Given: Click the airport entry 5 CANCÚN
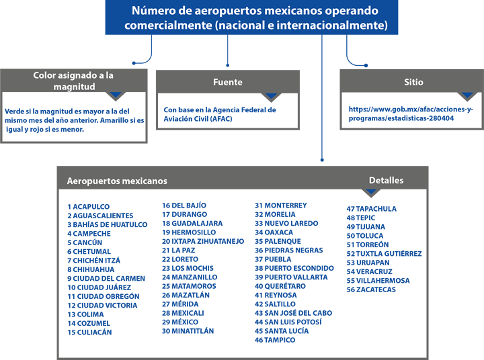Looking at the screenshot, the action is pyautogui.click(x=85, y=242).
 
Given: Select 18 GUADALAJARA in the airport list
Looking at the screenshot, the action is pyautogui.click(x=192, y=224).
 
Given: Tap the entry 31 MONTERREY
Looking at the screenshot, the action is pyautogui.click(x=281, y=206).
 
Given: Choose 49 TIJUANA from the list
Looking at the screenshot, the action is pyautogui.click(x=366, y=227).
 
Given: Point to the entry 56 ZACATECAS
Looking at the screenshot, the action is pyautogui.click(x=371, y=289).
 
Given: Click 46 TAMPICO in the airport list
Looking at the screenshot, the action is pyautogui.click(x=275, y=340).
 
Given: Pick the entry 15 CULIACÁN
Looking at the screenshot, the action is pyautogui.click(x=89, y=332).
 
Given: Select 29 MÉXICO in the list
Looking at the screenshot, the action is pyautogui.click(x=180, y=322).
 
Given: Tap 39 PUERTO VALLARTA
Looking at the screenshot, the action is pyautogui.click(x=291, y=277).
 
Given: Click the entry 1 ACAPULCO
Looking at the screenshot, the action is pyautogui.click(x=89, y=207).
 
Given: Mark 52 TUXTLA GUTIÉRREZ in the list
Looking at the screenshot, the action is pyautogui.click(x=384, y=254).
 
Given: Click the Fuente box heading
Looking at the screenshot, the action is pyautogui.click(x=228, y=82).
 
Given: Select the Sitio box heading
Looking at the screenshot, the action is pyautogui.click(x=413, y=82).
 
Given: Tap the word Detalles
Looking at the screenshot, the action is pyautogui.click(x=386, y=181).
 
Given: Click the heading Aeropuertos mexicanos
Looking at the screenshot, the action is pyautogui.click(x=117, y=181).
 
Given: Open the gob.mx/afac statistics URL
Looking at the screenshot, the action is pyautogui.click(x=411, y=114).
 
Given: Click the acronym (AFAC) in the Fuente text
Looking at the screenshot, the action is pyautogui.click(x=221, y=119).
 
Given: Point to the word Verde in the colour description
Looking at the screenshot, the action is pyautogui.click(x=13, y=111).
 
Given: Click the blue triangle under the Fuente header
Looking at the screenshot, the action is pyautogui.click(x=271, y=95).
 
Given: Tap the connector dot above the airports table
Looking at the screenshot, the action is pyautogui.click(x=322, y=160).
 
